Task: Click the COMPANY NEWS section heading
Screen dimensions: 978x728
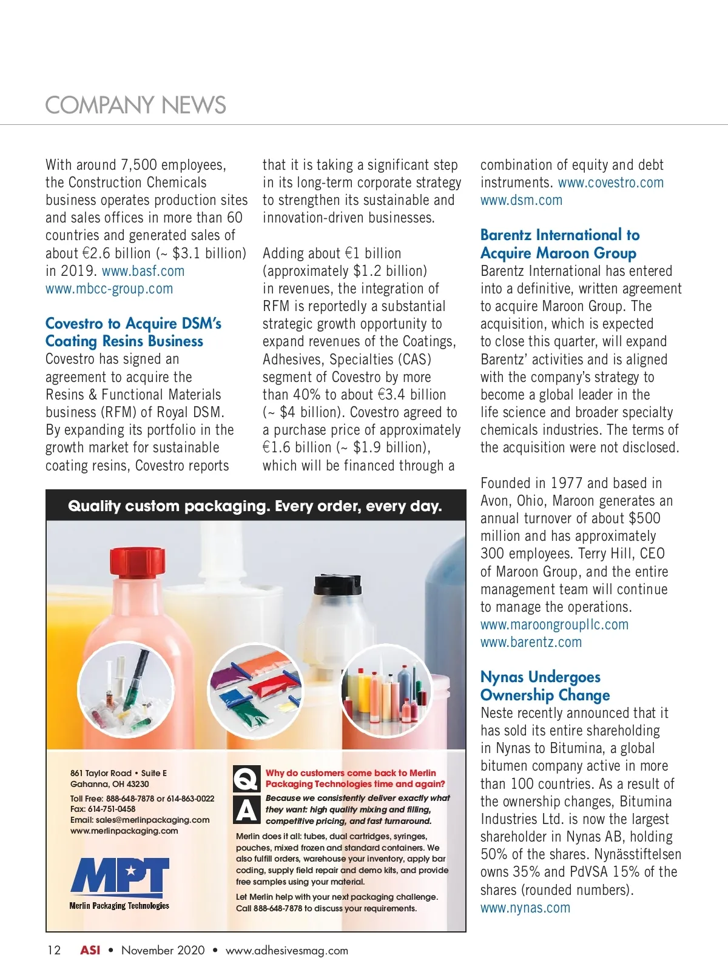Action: (135, 106)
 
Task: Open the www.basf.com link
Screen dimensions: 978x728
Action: (143, 271)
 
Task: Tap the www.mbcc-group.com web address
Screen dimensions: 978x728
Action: (109, 289)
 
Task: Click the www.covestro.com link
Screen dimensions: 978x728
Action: (610, 183)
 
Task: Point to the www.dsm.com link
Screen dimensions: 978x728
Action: (521, 200)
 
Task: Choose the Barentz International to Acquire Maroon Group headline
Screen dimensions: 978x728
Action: (559, 244)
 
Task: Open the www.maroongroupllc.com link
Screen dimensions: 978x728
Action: (554, 625)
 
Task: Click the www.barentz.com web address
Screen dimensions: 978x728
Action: (531, 642)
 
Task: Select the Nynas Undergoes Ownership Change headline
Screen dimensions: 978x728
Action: (545, 686)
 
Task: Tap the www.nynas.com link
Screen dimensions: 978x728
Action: (525, 908)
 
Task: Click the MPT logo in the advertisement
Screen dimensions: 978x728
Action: (120, 877)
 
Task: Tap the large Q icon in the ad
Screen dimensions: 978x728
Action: (246, 778)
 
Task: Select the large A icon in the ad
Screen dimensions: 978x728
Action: (246, 810)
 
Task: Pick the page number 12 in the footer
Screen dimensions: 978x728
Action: (54, 950)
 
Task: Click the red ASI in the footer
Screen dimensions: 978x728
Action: (90, 950)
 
